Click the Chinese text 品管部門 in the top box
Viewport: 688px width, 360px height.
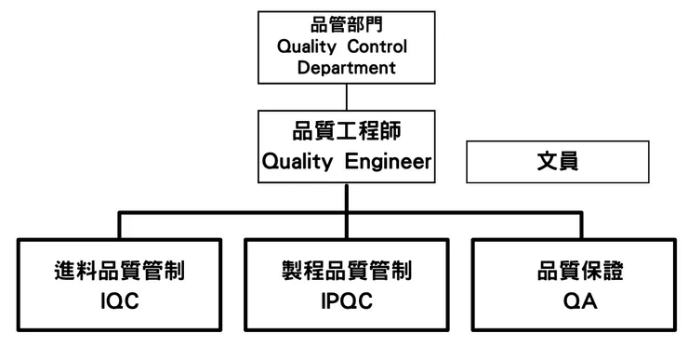click(346, 25)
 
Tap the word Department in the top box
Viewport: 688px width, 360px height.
click(346, 67)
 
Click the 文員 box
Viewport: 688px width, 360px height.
click(556, 162)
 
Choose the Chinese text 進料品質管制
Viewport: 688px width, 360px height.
click(119, 272)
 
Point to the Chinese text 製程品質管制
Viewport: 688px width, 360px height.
click(346, 272)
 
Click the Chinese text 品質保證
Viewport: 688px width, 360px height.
click(574, 272)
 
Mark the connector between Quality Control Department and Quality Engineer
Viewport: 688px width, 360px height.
click(346, 96)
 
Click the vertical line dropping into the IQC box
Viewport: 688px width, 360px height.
click(119, 226)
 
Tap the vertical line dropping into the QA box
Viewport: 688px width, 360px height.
click(574, 226)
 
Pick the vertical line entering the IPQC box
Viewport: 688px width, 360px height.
click(346, 226)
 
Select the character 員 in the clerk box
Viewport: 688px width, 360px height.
click(568, 162)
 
